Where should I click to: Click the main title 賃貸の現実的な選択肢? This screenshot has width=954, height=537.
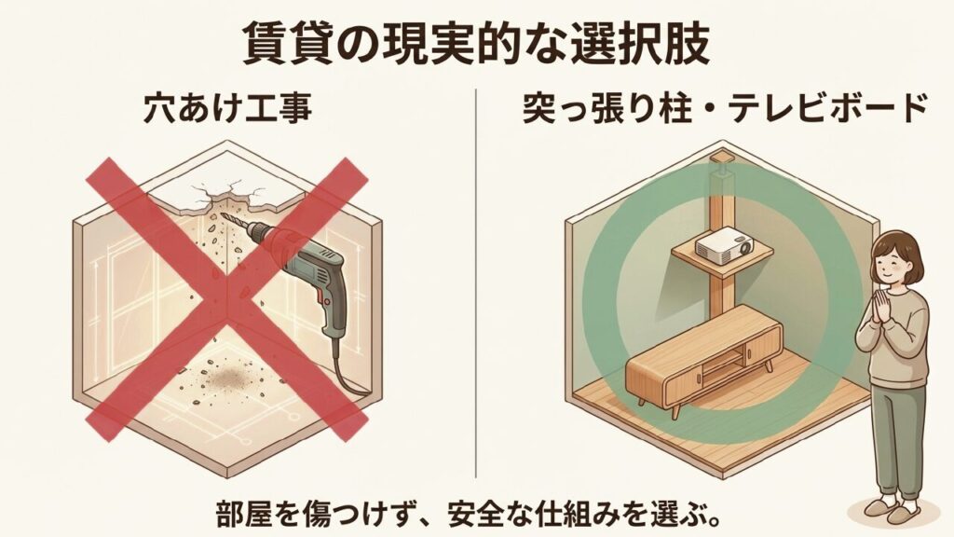point(476,44)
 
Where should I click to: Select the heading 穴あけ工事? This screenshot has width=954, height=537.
point(228,108)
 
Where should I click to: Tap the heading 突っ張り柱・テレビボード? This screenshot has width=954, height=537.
point(725,108)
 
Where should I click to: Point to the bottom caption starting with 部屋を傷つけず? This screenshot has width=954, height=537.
point(470,514)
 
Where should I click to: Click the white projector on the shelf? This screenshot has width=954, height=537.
point(725,245)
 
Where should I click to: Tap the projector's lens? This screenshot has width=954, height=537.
point(743,248)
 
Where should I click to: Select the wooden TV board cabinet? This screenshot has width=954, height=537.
point(702,362)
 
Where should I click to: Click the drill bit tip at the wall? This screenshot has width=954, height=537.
point(223,214)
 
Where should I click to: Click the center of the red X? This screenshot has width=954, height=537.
point(226,299)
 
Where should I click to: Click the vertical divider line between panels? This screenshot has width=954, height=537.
point(476,283)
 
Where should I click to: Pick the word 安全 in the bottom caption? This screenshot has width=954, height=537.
point(477,514)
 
